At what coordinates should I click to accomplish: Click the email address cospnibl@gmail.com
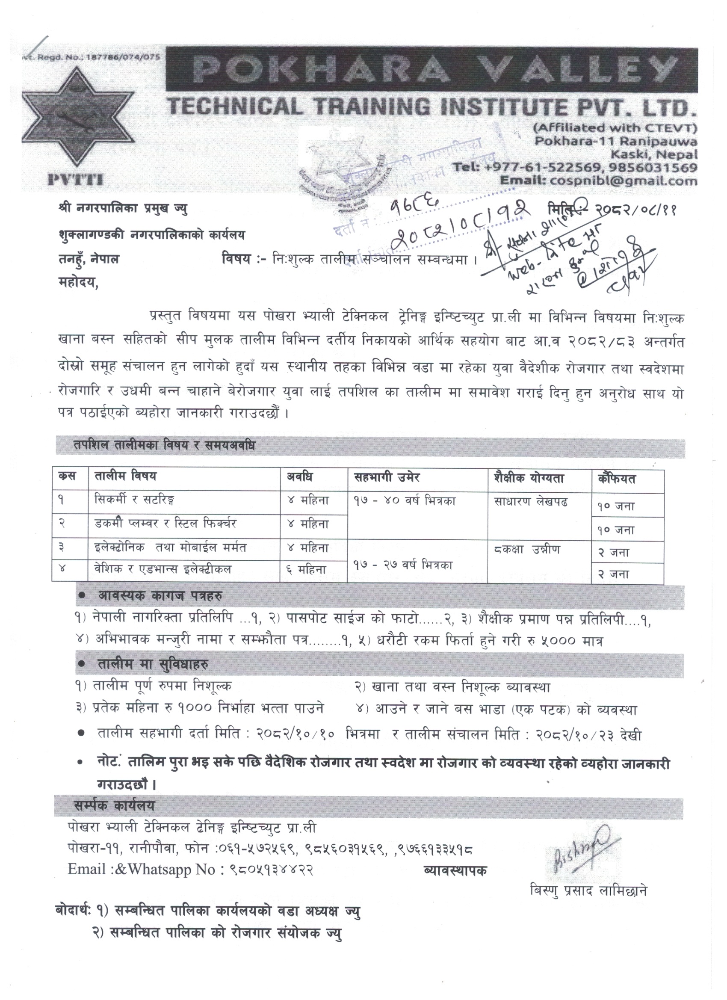(621, 180)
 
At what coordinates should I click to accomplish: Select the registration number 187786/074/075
(124, 57)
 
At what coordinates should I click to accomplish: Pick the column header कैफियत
(617, 479)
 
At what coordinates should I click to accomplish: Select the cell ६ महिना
(308, 569)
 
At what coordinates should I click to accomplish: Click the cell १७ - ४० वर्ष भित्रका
(404, 501)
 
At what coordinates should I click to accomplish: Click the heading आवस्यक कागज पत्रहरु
(160, 596)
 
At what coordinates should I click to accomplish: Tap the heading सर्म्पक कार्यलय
(115, 805)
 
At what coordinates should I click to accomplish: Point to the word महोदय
(77, 284)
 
